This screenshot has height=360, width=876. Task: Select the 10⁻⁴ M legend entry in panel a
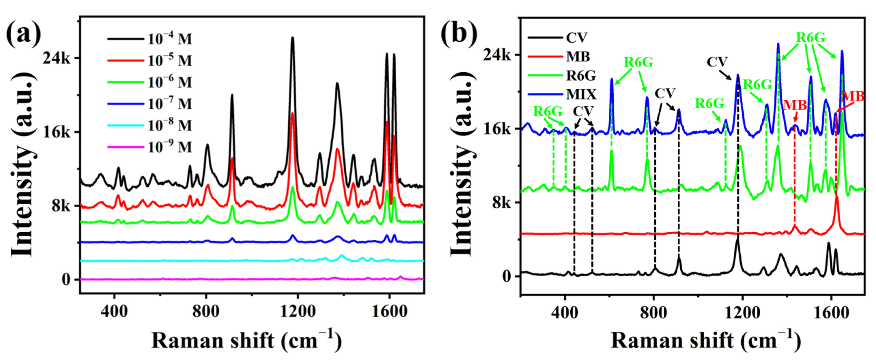tap(150, 39)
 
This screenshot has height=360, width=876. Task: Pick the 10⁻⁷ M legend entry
tap(150, 104)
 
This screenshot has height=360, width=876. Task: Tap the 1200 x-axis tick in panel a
tap(298, 311)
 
